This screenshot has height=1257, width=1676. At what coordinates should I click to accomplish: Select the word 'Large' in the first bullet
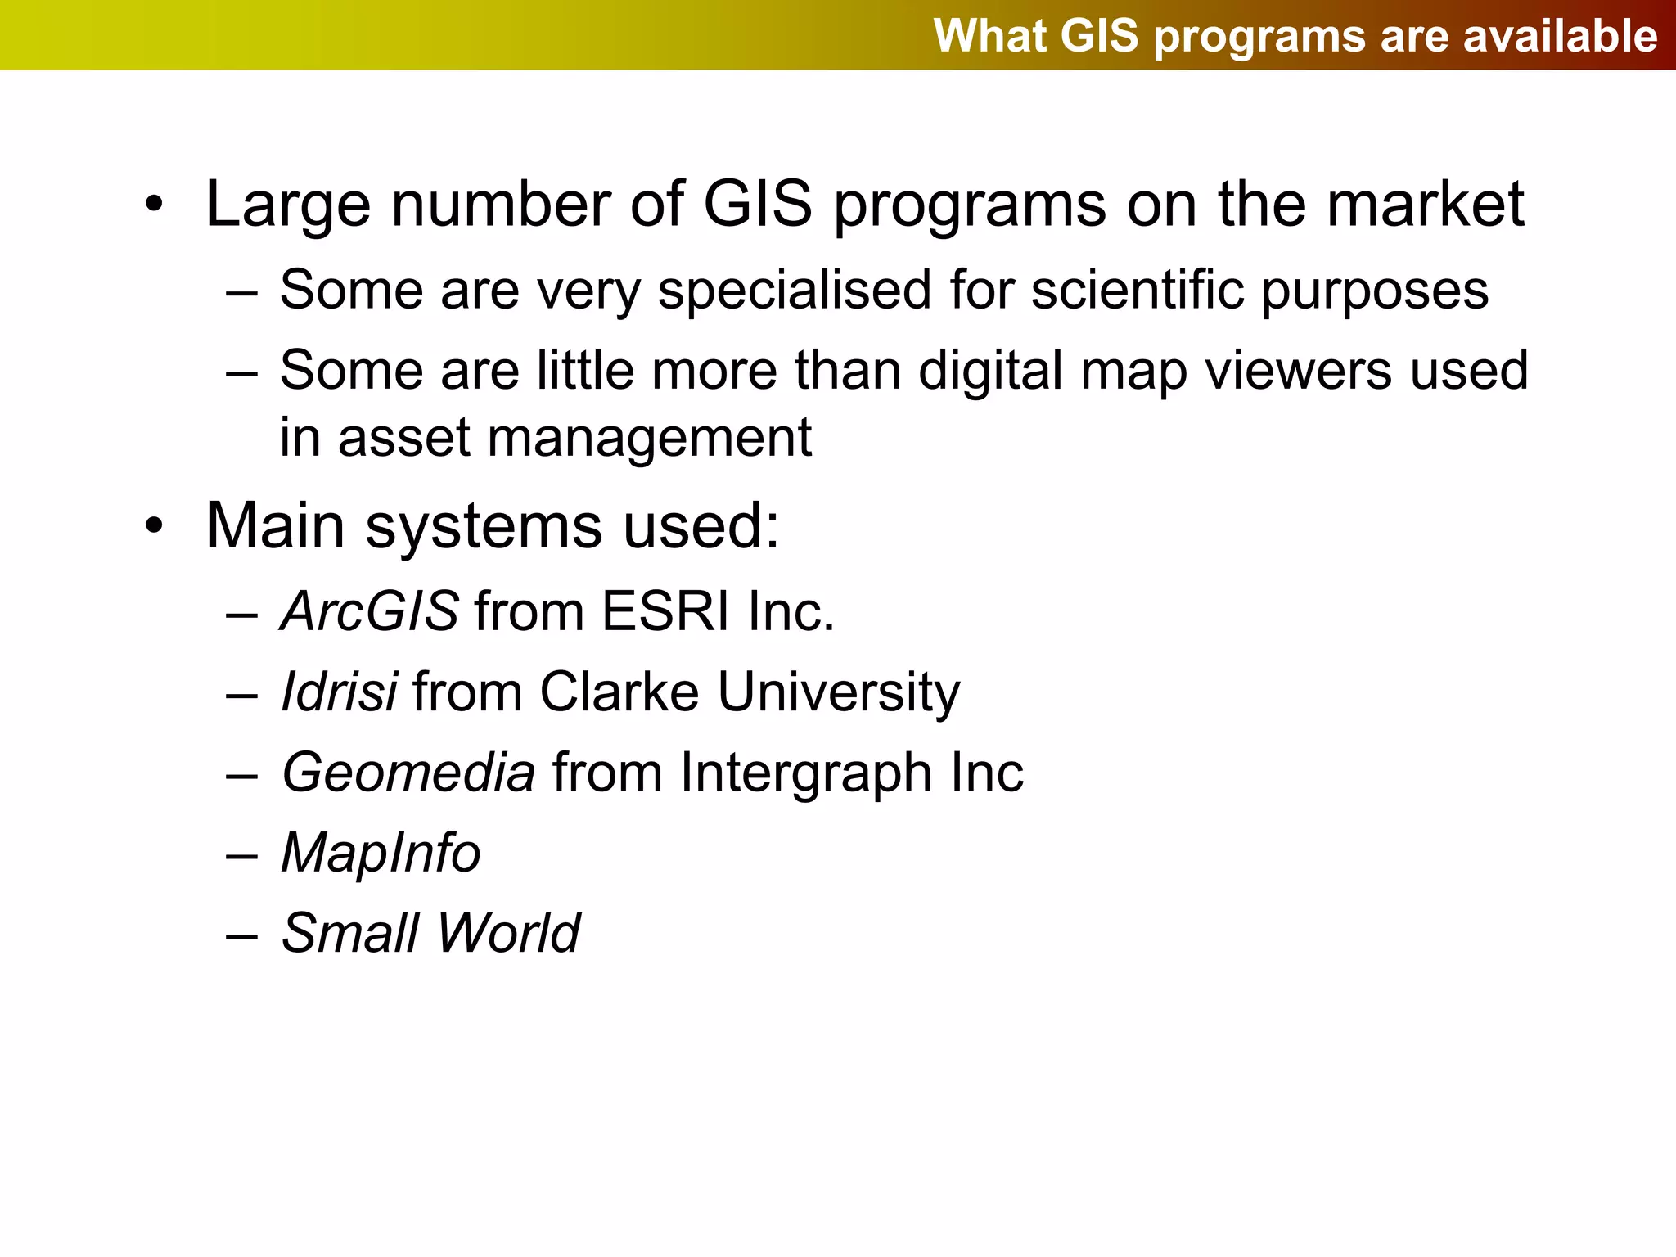tap(288, 205)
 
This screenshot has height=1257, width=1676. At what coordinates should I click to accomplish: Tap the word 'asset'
tap(403, 438)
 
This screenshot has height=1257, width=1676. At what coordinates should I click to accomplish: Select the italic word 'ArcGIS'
tap(369, 612)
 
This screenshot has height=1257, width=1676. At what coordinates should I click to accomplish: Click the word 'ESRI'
tap(665, 612)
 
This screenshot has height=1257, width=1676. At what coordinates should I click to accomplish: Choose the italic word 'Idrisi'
tap(339, 692)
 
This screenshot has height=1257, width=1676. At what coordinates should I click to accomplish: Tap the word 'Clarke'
tap(619, 692)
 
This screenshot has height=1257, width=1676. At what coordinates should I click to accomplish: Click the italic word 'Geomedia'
tap(408, 773)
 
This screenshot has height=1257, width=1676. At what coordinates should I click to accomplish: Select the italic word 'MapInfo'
tap(381, 854)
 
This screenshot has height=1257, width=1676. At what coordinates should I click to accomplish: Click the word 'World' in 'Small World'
tap(508, 933)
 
